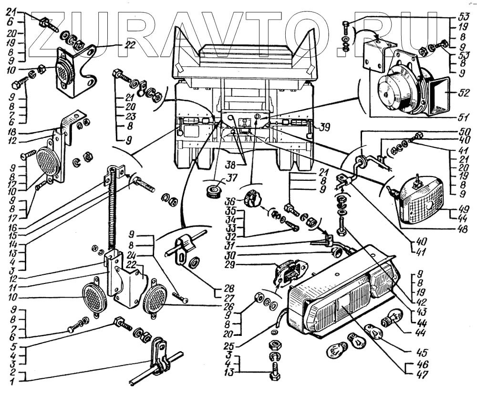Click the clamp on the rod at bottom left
(x=160, y=358)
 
